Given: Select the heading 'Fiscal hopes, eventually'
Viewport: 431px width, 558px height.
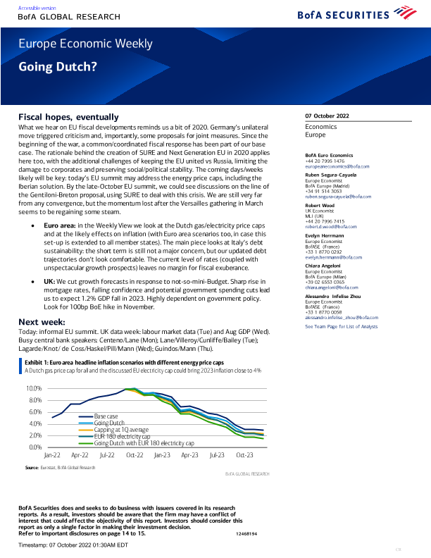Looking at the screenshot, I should tap(68, 116).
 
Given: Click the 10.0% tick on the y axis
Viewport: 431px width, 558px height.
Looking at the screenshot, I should tap(35, 388).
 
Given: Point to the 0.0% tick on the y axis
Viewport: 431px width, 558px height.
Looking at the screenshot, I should tap(36, 447).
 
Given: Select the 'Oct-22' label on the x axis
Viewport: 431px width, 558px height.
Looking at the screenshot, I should tap(135, 456).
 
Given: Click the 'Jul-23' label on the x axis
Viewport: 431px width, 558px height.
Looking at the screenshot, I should tap(217, 456).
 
